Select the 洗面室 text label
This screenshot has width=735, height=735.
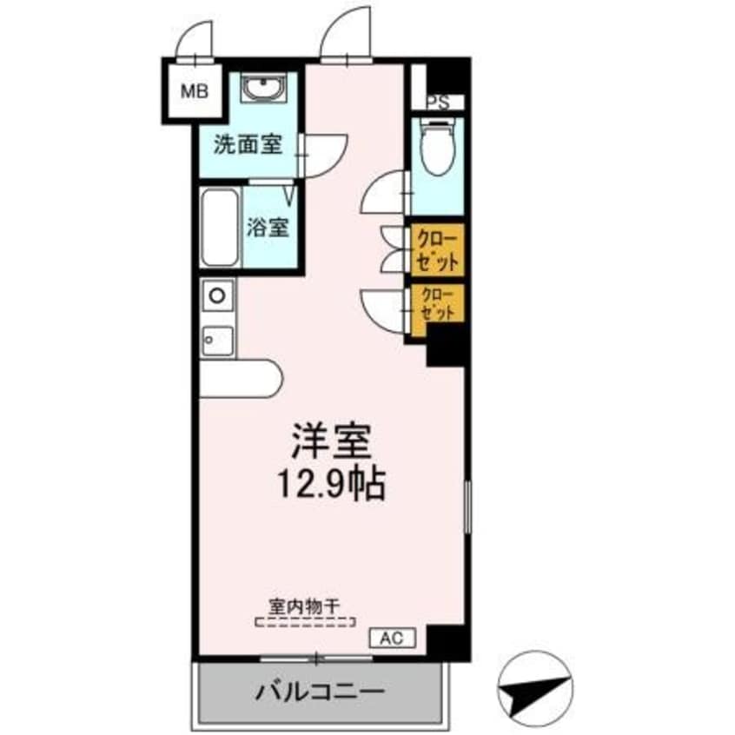pyautogui.click(x=248, y=145)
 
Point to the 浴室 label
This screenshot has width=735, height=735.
pyautogui.click(x=267, y=228)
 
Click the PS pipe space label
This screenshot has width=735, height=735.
pyautogui.click(x=438, y=102)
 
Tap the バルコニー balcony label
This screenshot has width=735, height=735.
pyautogui.click(x=319, y=692)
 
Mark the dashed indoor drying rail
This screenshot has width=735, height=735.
pyautogui.click(x=305, y=622)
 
